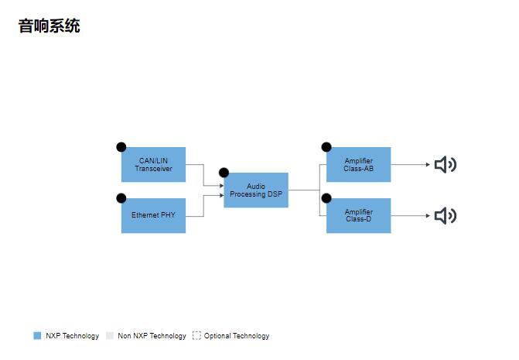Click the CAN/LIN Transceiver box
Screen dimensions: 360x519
point(153,165)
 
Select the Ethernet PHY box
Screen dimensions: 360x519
point(153,215)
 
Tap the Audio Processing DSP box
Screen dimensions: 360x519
point(256,190)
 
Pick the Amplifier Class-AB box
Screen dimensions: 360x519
point(358,165)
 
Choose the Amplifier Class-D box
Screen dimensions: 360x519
point(358,215)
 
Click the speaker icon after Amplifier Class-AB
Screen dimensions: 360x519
point(445,165)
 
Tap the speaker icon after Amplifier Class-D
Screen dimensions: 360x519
point(445,216)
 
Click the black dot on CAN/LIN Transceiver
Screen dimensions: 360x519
point(121,147)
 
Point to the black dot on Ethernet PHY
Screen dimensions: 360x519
point(121,198)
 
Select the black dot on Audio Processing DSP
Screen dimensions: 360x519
point(224,173)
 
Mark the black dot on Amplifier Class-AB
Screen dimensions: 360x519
point(326,147)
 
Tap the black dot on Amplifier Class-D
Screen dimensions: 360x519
point(326,198)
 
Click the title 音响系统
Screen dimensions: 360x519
point(50,26)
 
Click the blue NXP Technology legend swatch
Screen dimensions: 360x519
point(37,336)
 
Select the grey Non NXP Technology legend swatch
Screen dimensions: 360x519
point(110,336)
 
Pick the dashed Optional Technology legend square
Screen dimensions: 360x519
point(196,336)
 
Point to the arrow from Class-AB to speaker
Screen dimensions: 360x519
point(410,165)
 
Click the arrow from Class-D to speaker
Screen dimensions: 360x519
point(410,216)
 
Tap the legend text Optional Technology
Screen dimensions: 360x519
point(237,336)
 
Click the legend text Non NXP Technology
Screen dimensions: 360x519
point(152,336)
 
